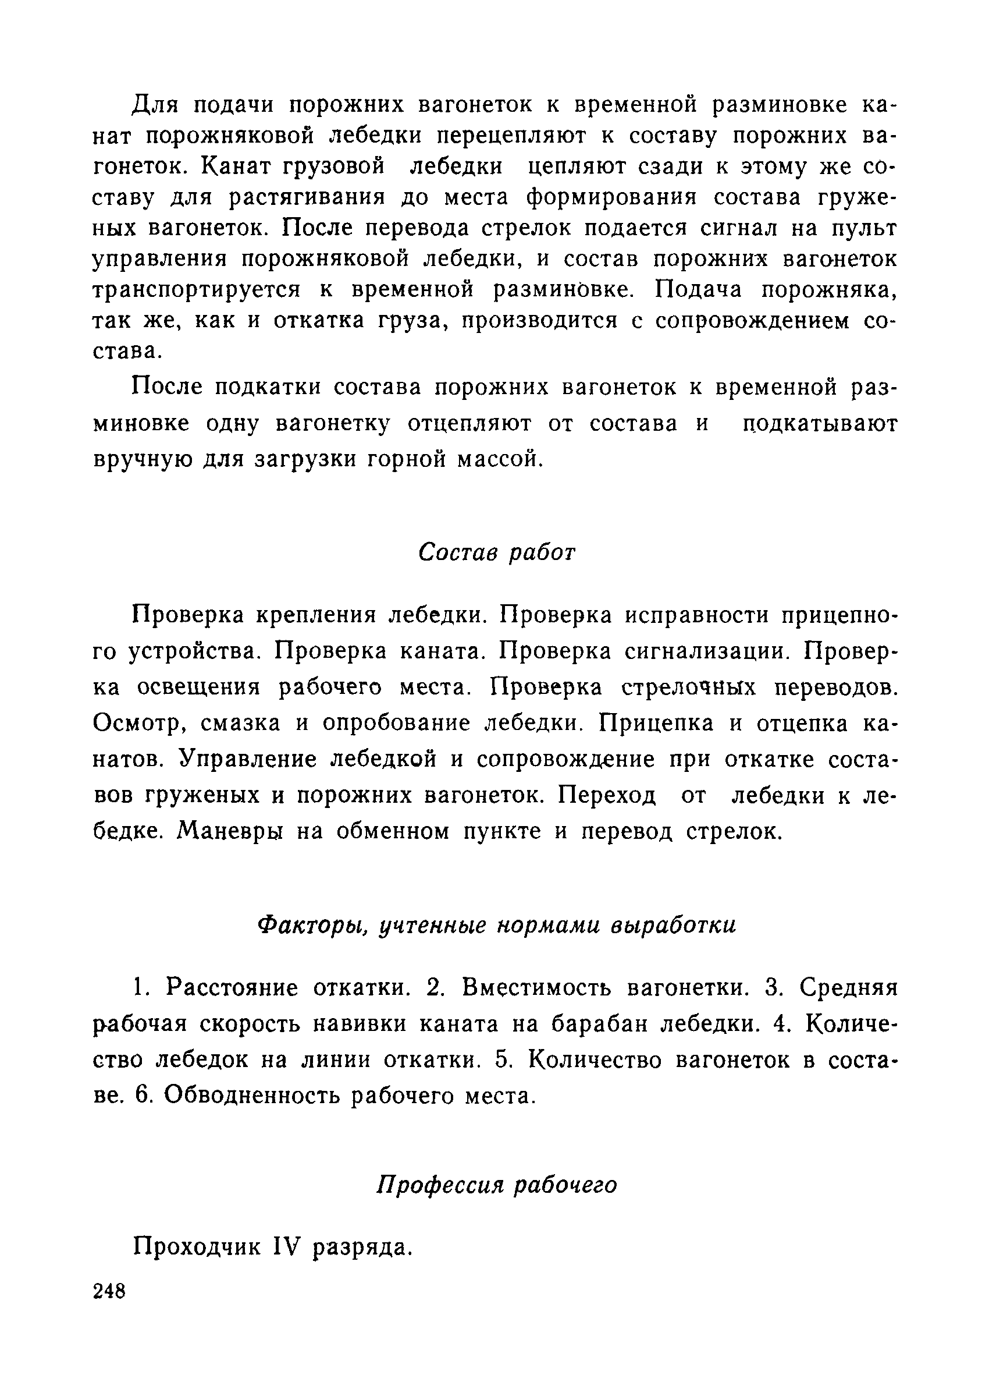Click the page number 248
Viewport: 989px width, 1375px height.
109,1307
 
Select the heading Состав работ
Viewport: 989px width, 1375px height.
496,552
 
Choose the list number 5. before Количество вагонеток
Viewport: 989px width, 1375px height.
500,1059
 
